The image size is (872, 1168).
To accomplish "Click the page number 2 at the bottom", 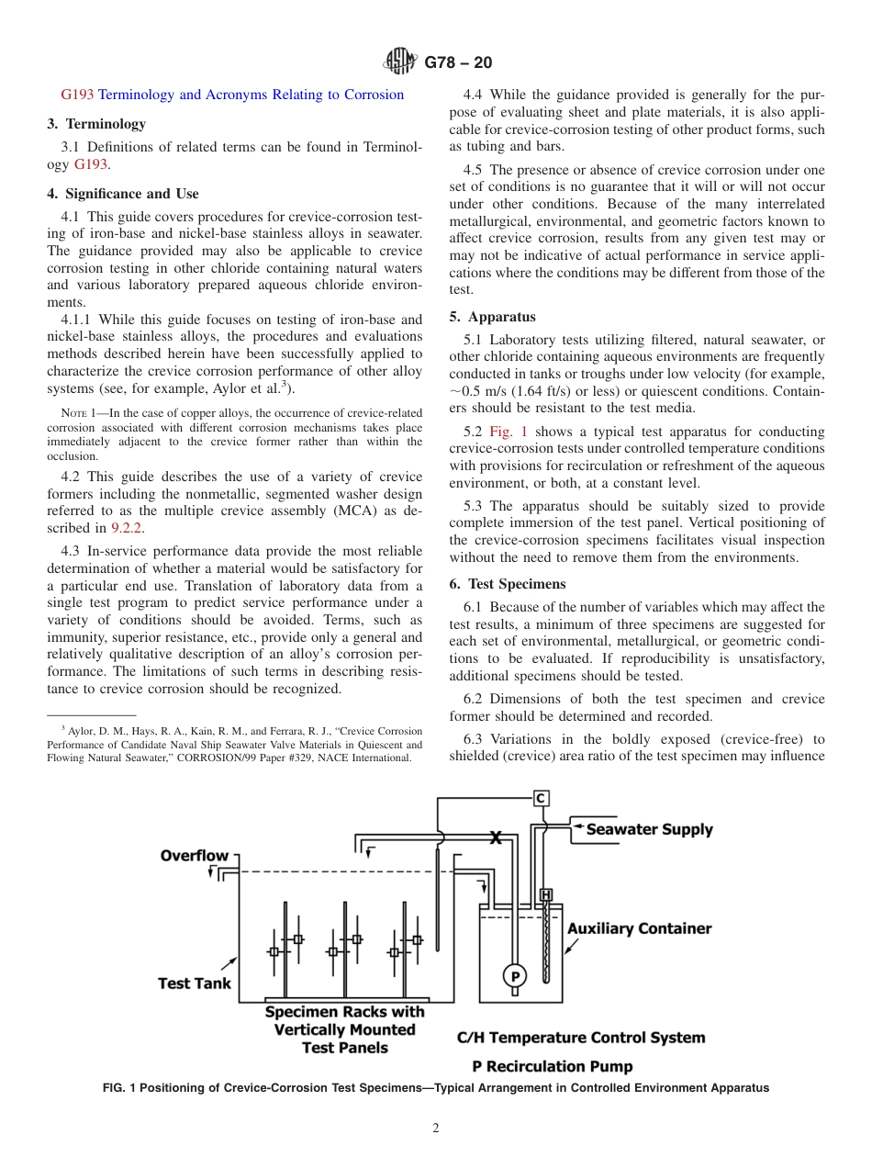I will click(436, 1129).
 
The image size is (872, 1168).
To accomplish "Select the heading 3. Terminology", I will click(96, 124).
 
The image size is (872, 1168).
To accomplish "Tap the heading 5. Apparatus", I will click(492, 317).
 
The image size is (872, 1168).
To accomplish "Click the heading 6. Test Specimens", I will click(508, 584).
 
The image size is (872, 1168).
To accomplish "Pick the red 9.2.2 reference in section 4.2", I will click(127, 528).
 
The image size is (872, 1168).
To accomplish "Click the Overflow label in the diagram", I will click(194, 856).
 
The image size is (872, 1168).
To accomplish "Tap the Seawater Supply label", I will click(649, 829).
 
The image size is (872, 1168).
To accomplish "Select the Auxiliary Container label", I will click(639, 928).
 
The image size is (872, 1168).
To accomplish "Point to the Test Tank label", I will click(195, 983).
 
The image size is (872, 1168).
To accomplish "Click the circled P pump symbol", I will click(514, 975).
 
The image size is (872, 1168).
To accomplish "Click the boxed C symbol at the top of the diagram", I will click(542, 798).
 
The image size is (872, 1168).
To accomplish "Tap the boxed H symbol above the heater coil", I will click(545, 894).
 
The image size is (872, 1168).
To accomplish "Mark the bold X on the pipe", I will click(496, 837).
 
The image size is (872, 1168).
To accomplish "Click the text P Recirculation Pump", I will click(552, 1066).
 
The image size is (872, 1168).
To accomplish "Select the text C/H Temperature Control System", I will click(581, 1038).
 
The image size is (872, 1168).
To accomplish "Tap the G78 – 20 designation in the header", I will click(458, 62).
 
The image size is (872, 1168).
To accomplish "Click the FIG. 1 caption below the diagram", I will click(436, 1088).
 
